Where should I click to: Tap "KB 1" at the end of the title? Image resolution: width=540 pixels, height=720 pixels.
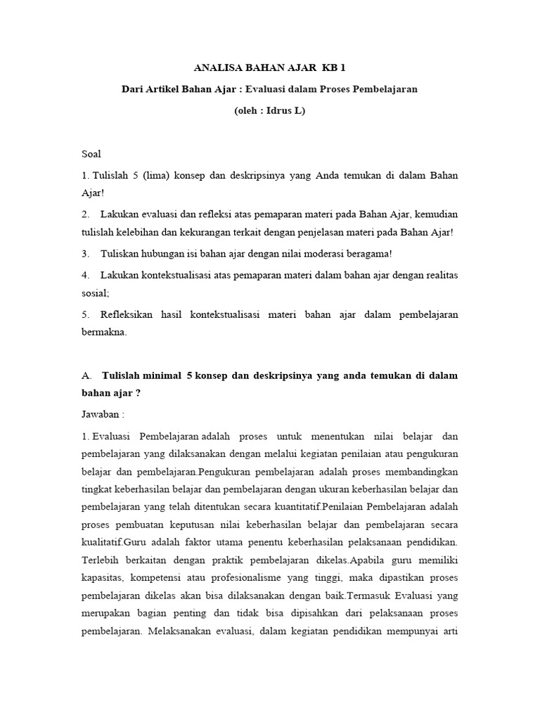(334, 68)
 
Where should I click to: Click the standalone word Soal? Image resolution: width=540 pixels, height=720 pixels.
(91, 153)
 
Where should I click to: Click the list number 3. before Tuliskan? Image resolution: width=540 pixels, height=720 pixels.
(86, 254)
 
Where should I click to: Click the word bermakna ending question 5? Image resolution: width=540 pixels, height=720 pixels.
(103, 333)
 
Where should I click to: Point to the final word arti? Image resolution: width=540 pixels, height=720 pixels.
(448, 631)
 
